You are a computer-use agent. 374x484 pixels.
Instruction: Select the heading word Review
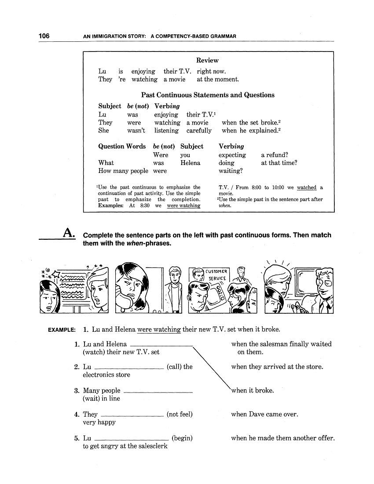pyautogui.click(x=207, y=60)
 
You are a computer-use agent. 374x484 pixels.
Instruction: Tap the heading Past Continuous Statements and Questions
pyautogui.click(x=208, y=95)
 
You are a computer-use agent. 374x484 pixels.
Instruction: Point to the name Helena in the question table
pyautogui.click(x=190, y=163)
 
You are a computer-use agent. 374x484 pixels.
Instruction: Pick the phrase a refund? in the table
pyautogui.click(x=275, y=155)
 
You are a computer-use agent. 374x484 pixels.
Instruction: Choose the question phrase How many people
pyautogui.click(x=123, y=171)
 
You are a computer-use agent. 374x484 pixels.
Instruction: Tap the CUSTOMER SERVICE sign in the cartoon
pyautogui.click(x=216, y=275)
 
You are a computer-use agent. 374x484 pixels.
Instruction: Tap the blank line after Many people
pyautogui.click(x=158, y=392)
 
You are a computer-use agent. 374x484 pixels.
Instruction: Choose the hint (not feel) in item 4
pyautogui.click(x=180, y=414)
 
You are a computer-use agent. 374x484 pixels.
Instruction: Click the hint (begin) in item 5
pyautogui.click(x=182, y=438)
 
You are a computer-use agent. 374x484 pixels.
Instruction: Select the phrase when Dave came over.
pyautogui.click(x=264, y=414)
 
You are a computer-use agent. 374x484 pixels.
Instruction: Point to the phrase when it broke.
pyautogui.click(x=252, y=390)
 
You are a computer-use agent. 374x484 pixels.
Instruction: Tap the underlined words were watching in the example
pyautogui.click(x=159, y=329)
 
